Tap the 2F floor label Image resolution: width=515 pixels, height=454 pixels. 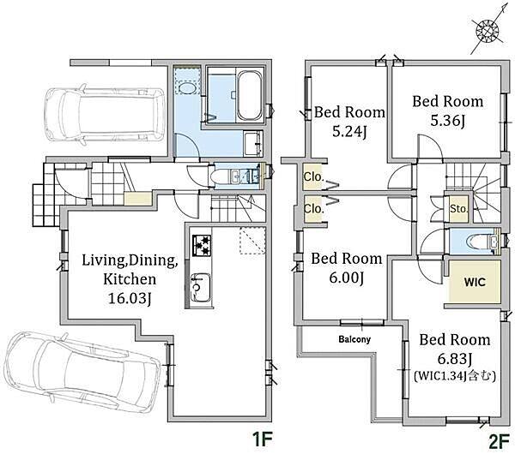499,442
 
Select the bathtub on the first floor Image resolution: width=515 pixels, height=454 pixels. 250,96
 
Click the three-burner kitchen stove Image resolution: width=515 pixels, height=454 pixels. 202,246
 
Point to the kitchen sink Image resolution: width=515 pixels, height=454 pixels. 201,288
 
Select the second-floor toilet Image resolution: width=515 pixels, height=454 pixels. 479,242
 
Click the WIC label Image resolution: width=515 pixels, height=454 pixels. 475,282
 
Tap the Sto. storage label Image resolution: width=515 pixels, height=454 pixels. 458,208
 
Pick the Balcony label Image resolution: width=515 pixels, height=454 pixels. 354,339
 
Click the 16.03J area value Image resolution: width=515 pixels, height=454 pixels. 130,299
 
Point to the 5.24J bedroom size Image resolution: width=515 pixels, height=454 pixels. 349,132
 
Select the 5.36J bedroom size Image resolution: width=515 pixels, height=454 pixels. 448,122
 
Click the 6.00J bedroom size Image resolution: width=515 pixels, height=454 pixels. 346,278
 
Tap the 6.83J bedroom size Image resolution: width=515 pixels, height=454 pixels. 455,360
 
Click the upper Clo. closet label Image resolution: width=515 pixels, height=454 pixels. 313,177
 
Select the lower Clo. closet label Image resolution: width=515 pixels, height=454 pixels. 313,208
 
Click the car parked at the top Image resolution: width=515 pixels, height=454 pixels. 106,115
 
